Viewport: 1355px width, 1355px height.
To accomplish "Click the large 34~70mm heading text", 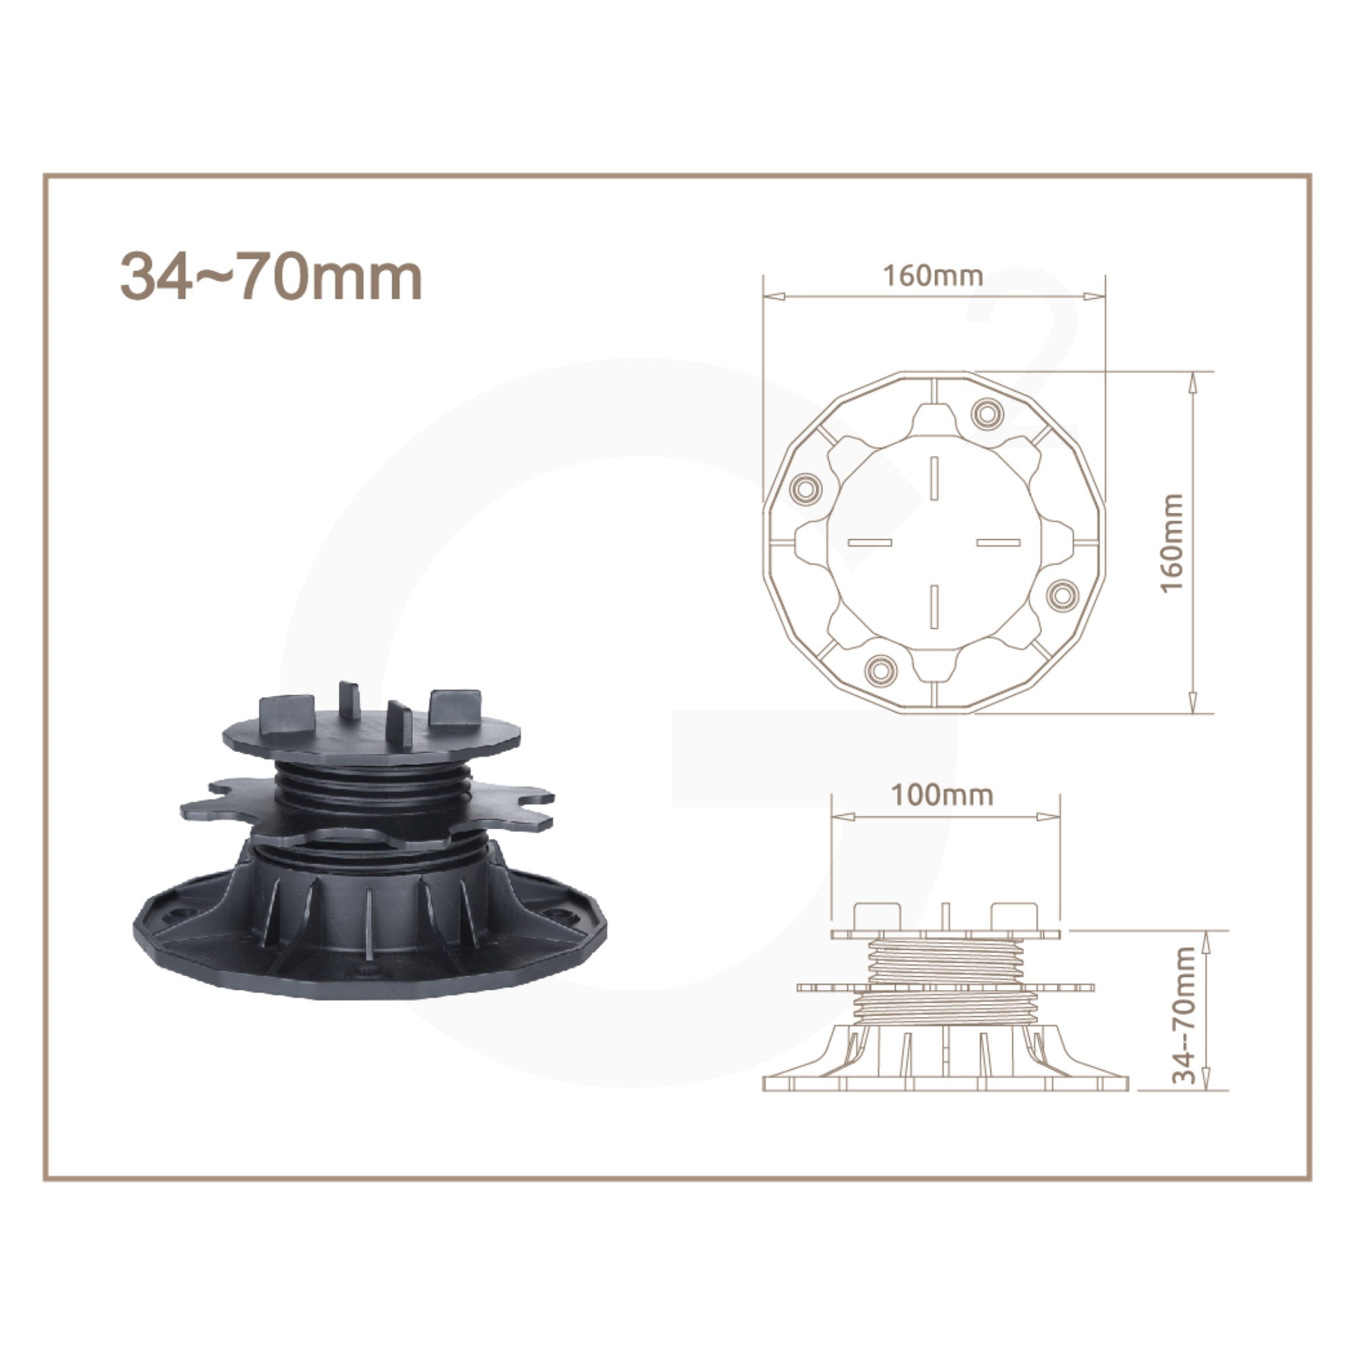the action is (272, 276).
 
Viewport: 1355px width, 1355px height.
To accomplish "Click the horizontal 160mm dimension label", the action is (932, 276).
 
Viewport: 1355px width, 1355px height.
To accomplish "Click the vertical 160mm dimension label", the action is (1172, 543).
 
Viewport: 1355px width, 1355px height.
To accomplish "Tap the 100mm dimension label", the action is (942, 795).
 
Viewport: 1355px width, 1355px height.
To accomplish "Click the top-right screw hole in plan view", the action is (987, 413).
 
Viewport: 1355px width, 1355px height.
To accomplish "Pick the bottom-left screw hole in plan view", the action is (879, 669).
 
